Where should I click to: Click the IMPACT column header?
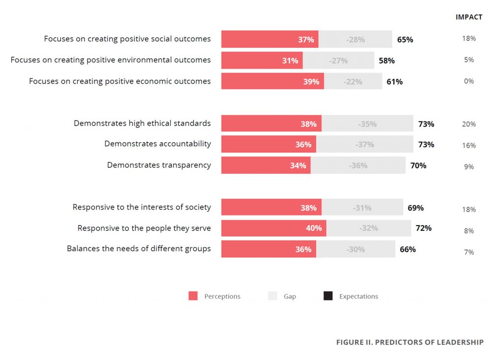(x=469, y=17)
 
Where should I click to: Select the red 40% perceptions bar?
(x=273, y=228)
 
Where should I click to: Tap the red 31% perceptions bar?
(x=261, y=60)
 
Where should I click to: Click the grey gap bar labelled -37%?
(x=364, y=145)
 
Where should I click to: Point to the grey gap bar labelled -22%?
(x=352, y=82)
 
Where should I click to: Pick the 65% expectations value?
(x=405, y=39)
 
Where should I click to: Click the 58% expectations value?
(x=386, y=60)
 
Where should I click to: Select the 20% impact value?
(x=469, y=124)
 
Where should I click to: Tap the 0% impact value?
(x=469, y=81)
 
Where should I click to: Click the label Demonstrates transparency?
(x=158, y=165)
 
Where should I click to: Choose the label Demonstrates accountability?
(x=157, y=144)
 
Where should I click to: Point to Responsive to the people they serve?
(x=144, y=228)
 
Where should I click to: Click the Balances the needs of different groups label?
(x=139, y=249)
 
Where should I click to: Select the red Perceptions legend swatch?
(x=193, y=296)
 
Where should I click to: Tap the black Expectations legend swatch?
(x=328, y=296)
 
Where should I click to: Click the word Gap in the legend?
(x=289, y=297)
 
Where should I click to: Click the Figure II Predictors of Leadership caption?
(x=409, y=342)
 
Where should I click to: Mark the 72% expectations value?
(x=423, y=228)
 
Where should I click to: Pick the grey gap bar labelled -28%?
(x=355, y=39)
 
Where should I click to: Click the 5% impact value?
(x=469, y=60)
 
